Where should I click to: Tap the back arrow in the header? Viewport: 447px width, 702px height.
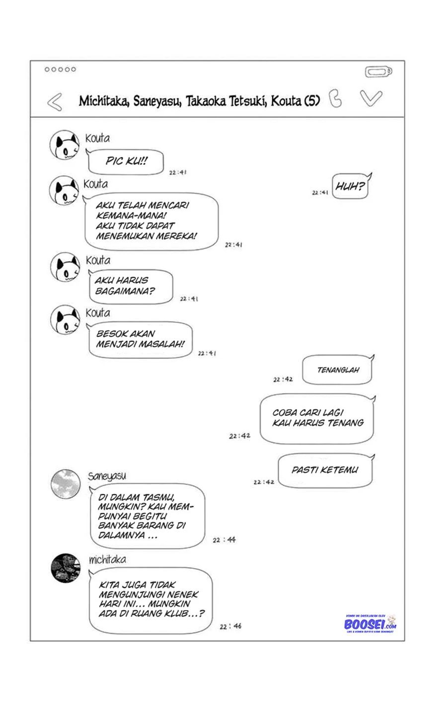click(55, 102)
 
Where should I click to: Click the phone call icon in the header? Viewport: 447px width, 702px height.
click(336, 98)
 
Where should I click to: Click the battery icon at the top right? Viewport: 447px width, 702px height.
click(379, 73)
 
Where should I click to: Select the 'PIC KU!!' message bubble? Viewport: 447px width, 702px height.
click(126, 162)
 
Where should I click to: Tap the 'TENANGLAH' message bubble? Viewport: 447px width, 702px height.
click(338, 370)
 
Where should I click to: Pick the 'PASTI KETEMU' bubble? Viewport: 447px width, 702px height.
click(325, 470)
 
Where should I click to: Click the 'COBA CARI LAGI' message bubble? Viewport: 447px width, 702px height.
click(317, 418)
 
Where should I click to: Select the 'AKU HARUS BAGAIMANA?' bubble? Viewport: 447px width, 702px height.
click(131, 286)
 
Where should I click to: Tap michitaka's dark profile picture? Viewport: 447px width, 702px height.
click(66, 568)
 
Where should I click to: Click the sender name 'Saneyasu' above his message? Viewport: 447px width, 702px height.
click(107, 476)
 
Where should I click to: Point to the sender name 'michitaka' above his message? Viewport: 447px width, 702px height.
click(107, 560)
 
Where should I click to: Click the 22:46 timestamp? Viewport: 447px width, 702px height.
click(230, 626)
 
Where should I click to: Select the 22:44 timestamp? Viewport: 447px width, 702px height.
click(224, 540)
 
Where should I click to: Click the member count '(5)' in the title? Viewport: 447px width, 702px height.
click(312, 101)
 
